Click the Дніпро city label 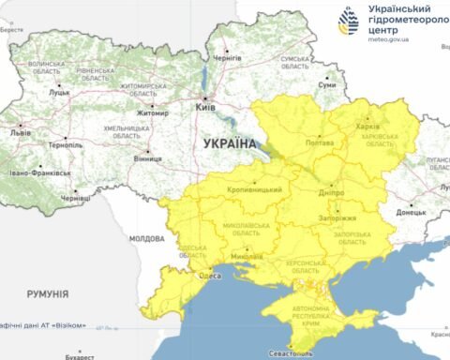[331, 191]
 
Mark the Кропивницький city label [255, 190]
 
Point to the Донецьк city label [410, 213]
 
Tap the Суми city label [327, 85]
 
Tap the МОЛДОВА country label [146, 239]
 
